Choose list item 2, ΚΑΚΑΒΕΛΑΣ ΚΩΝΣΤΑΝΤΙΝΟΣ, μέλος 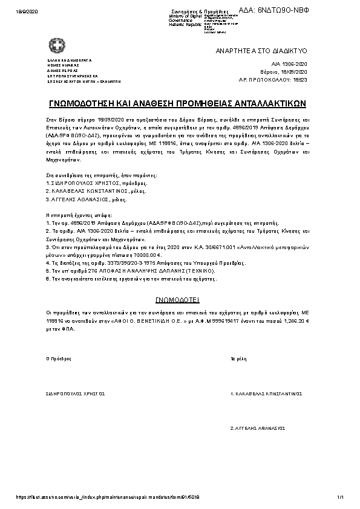[96, 190]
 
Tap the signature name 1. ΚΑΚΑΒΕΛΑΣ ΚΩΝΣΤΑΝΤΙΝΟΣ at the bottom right [266, 394]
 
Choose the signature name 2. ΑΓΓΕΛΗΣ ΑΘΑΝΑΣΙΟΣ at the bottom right [258, 428]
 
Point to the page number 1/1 [341, 496]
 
